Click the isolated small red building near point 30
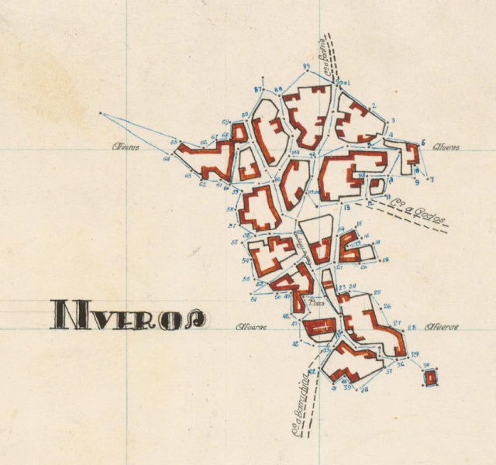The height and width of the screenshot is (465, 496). point(430,377)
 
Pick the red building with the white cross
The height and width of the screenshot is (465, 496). point(318,328)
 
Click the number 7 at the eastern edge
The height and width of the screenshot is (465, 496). point(432,180)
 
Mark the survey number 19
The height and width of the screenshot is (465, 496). point(385,260)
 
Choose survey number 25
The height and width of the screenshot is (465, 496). point(377,293)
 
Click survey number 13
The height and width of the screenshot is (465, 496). point(347,208)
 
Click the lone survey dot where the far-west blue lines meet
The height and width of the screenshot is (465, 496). point(101,114)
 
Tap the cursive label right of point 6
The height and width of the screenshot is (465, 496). point(448,146)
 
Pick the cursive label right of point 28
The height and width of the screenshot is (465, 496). point(442,327)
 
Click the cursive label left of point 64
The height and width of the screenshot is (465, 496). point(126,146)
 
